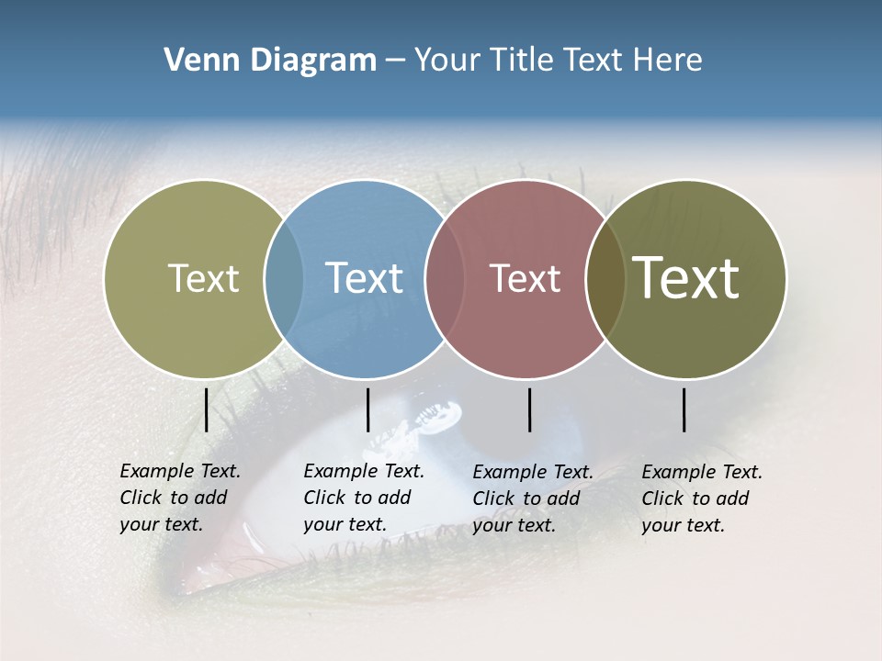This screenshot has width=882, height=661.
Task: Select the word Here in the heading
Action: [670, 61]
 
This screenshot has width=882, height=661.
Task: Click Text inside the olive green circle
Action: [203, 278]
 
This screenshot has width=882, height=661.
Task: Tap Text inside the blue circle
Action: [364, 278]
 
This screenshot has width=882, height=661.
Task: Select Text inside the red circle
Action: [525, 279]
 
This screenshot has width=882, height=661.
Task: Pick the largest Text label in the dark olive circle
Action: [686, 278]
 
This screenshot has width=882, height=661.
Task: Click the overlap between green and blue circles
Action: [284, 279]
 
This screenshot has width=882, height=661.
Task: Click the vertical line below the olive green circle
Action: [206, 409]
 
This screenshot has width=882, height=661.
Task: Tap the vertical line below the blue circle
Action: [367, 409]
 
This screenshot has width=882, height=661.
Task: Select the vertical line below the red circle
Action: [529, 409]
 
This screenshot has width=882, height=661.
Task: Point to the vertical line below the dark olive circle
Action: [684, 409]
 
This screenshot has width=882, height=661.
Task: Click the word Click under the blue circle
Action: [324, 498]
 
